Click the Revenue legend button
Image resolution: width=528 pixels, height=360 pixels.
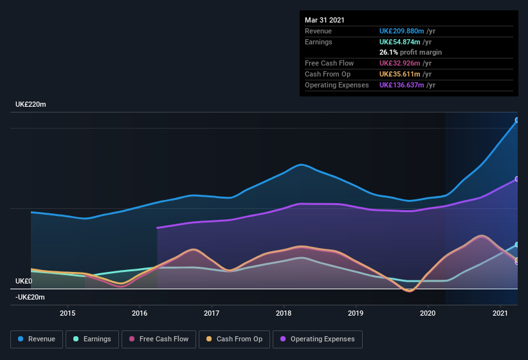pyautogui.click(x=37, y=339)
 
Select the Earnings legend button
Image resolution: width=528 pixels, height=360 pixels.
pyautogui.click(x=92, y=339)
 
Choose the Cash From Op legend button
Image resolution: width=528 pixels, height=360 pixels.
pyautogui.click(x=234, y=339)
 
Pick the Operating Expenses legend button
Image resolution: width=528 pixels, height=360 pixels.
pyautogui.click(x=317, y=339)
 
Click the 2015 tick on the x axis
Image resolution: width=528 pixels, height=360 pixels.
pyautogui.click(x=68, y=313)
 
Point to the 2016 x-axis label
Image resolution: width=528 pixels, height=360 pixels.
pyautogui.click(x=140, y=313)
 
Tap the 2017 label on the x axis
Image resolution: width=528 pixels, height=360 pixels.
pyautogui.click(x=212, y=313)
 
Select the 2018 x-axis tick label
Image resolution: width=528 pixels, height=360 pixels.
pyautogui.click(x=284, y=313)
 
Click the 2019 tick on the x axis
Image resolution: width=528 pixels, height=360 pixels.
pyautogui.click(x=356, y=313)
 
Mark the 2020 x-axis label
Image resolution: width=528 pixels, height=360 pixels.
pyautogui.click(x=428, y=313)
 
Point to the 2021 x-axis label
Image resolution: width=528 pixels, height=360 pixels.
pyautogui.click(x=500, y=313)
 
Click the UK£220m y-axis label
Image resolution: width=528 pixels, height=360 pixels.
pyautogui.click(x=31, y=104)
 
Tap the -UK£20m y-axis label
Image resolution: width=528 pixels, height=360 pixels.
pyautogui.click(x=30, y=297)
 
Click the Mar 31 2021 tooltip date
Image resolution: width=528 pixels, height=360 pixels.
pyautogui.click(x=325, y=20)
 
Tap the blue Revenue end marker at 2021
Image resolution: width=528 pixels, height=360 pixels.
pyautogui.click(x=517, y=120)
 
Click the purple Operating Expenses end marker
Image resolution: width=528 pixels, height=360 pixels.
pyautogui.click(x=517, y=179)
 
